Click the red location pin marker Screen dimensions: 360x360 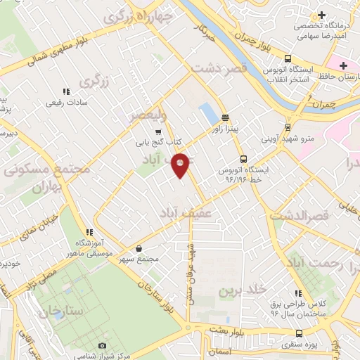tap(181, 165)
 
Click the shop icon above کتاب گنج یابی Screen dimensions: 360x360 tap(158, 131)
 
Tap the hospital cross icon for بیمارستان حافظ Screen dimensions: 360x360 tap(343, 66)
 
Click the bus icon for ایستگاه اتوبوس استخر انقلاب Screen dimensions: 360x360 tap(288, 59)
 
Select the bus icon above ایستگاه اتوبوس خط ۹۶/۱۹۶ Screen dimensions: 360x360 tap(243, 159)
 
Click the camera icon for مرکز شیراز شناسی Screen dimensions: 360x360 tap(103, 346)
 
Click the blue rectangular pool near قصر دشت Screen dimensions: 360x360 tap(207, 112)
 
